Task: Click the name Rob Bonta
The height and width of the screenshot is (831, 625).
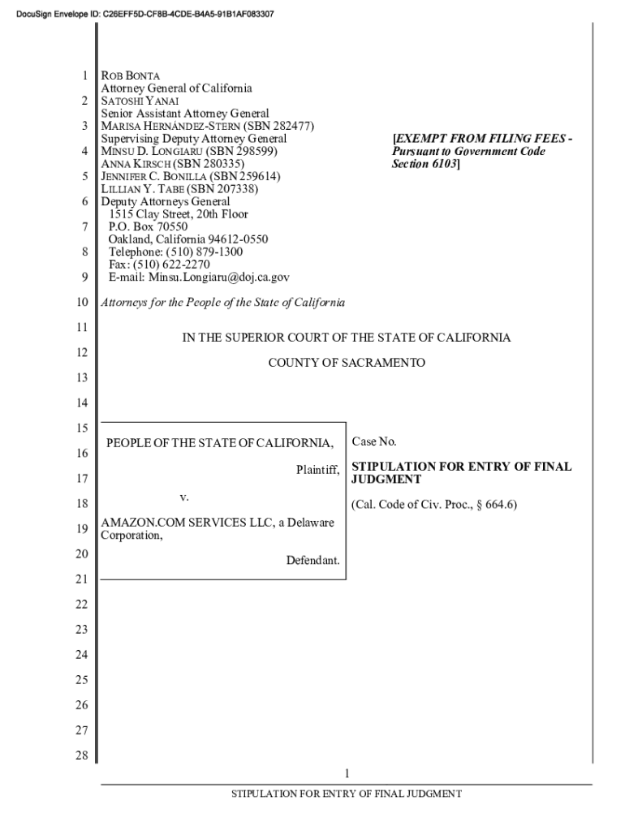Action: tap(131, 75)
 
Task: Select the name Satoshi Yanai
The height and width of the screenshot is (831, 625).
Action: tap(134, 101)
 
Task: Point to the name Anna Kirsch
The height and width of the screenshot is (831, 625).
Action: tap(133, 164)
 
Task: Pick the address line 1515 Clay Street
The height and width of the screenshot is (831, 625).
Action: tap(178, 214)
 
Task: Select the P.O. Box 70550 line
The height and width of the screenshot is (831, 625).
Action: tap(148, 227)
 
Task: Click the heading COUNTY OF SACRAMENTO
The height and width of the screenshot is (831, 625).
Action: tap(347, 363)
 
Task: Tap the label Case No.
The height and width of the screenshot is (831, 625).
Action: tap(373, 442)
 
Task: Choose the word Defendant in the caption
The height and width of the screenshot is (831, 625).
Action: tap(312, 561)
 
